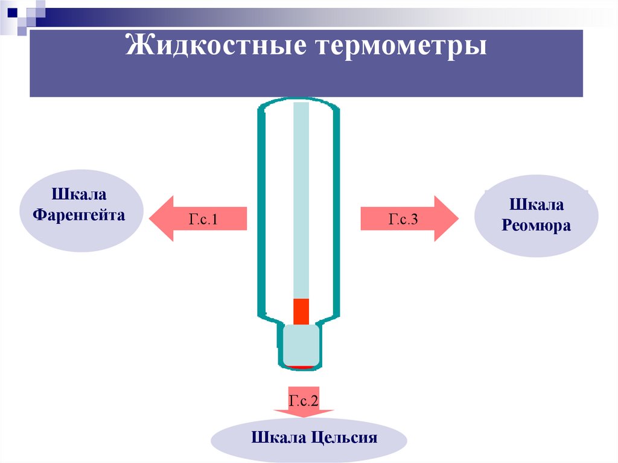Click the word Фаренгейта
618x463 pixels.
pos(79,214)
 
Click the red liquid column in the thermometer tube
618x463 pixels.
pos(301,311)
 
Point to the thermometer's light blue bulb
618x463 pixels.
pos(301,345)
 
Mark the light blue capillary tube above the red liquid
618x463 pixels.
pos(301,199)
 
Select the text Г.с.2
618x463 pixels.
pos(303,399)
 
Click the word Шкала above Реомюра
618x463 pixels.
pos(537,205)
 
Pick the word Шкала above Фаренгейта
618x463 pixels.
pos(79,196)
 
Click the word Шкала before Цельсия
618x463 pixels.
pos(278,438)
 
